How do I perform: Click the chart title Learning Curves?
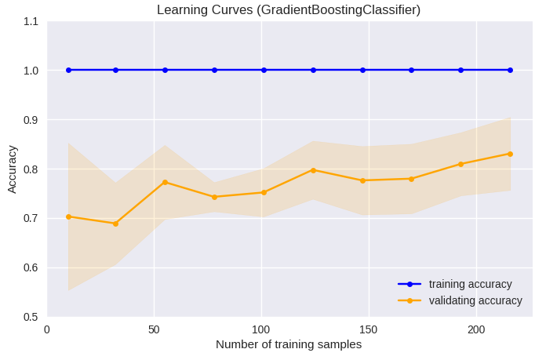pos(288,10)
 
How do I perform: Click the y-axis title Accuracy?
pos(12,169)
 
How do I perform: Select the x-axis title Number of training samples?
pos(288,344)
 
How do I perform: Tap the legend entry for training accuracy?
pos(470,284)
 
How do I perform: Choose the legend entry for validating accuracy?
pos(475,300)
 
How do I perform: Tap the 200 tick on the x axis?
pos(476,330)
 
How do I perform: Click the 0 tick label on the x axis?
pos(47,330)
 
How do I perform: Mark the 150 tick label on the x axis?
pos(369,330)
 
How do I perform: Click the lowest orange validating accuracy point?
pos(115,224)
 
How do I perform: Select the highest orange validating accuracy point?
pos(510,154)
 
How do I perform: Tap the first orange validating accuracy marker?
pos(68,216)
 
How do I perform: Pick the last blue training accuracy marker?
pos(510,70)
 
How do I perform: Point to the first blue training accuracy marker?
pos(68,70)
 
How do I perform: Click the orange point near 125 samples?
pos(313,170)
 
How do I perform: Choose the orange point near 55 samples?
pos(165,182)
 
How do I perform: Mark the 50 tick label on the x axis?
pos(154,330)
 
